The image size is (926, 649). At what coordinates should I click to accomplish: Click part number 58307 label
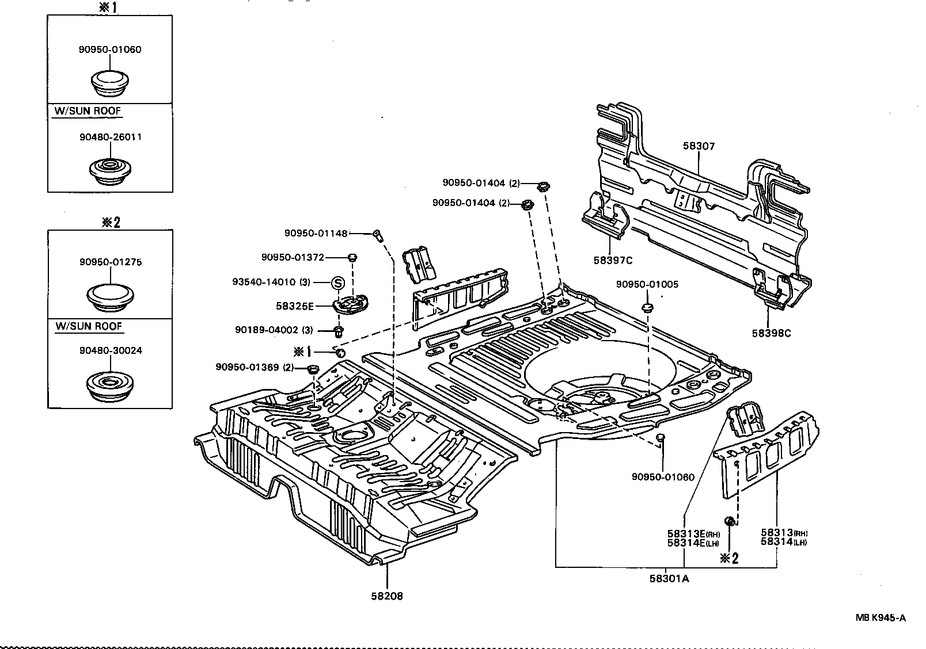coord(699,146)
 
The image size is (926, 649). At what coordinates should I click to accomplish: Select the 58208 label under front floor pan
coord(386,596)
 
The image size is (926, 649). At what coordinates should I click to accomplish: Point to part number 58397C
coord(613,260)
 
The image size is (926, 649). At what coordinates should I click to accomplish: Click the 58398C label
coord(771,333)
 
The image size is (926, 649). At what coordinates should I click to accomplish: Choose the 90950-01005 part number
coord(647,284)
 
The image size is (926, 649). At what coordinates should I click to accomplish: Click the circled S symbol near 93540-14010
coord(338,282)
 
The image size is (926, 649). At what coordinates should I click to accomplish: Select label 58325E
coord(294,306)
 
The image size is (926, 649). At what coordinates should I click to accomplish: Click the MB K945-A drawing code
coord(881,618)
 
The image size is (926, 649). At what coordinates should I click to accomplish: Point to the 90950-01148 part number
coord(316,233)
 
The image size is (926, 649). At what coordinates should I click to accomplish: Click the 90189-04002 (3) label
coord(274,330)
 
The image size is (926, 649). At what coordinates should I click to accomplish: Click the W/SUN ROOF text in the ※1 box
coord(88,111)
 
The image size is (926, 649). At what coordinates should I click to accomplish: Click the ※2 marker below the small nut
coord(728,558)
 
